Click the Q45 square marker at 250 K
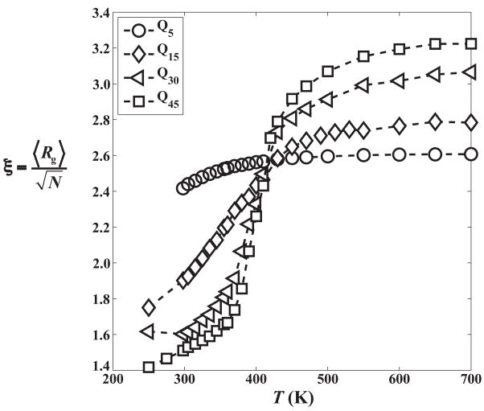click(x=149, y=368)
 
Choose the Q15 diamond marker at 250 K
click(x=149, y=307)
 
